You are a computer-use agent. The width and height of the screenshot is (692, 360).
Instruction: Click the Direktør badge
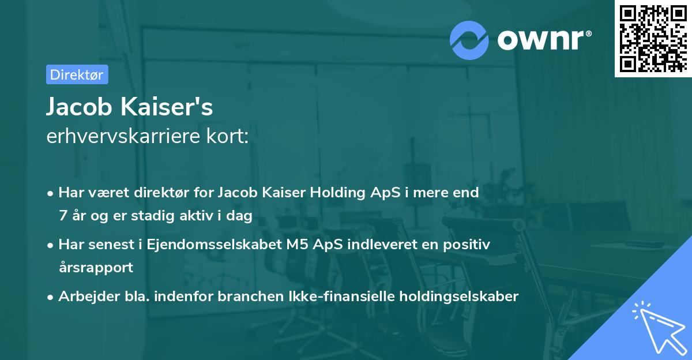77,74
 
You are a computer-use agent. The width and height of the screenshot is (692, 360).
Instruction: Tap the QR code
652,38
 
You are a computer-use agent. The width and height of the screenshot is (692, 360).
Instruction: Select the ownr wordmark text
544,40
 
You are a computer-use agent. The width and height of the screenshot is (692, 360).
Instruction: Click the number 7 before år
62,216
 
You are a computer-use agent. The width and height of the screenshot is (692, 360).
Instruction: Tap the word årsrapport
96,268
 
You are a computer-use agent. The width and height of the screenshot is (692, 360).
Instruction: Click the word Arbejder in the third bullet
83,297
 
